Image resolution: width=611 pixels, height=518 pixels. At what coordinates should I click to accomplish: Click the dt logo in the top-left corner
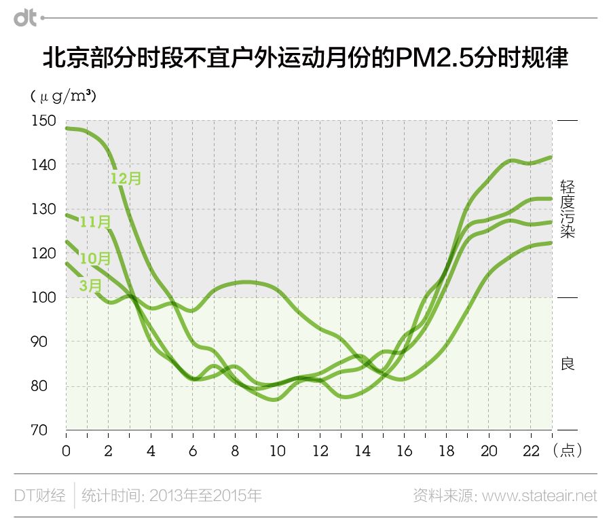point(26,18)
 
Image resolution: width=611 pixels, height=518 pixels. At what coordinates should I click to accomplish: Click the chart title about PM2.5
point(305,59)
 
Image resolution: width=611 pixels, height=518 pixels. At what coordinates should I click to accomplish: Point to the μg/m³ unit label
point(63,96)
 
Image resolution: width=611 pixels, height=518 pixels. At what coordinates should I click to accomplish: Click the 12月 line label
point(126,179)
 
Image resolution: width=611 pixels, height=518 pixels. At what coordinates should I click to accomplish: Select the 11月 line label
point(95,222)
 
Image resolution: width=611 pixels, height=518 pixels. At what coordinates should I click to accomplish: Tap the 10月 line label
point(95,259)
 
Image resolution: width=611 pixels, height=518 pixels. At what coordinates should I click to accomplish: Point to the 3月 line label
point(90,285)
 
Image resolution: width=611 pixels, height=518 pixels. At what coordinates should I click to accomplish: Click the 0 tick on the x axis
point(66,451)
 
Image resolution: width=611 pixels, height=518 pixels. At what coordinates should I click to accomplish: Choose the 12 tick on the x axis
point(319,451)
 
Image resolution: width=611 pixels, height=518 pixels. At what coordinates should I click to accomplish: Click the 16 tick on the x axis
point(404,451)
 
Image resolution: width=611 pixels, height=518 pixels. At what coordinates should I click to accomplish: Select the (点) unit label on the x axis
point(568,451)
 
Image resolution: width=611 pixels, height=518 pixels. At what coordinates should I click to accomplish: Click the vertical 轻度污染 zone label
point(568,209)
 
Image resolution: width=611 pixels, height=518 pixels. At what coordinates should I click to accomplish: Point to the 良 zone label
point(568,364)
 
